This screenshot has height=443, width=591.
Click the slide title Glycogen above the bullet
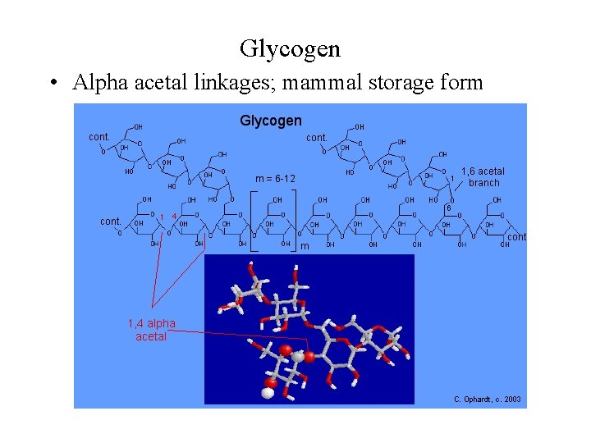290,48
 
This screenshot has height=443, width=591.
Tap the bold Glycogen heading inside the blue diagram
270,121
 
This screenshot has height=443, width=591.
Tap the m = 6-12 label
275,179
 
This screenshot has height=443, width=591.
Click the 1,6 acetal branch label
483,177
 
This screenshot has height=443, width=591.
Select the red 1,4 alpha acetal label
151,330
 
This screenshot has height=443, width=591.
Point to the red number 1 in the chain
161,217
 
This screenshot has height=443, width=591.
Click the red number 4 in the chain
174,217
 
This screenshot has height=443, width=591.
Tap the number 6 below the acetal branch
448,208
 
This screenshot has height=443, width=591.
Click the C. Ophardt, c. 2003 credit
487,400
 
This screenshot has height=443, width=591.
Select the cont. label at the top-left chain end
100,136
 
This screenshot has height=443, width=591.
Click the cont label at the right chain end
517,237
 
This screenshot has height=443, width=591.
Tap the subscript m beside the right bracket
304,246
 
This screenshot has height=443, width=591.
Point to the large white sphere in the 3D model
266,393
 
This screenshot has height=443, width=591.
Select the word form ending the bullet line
463,83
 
